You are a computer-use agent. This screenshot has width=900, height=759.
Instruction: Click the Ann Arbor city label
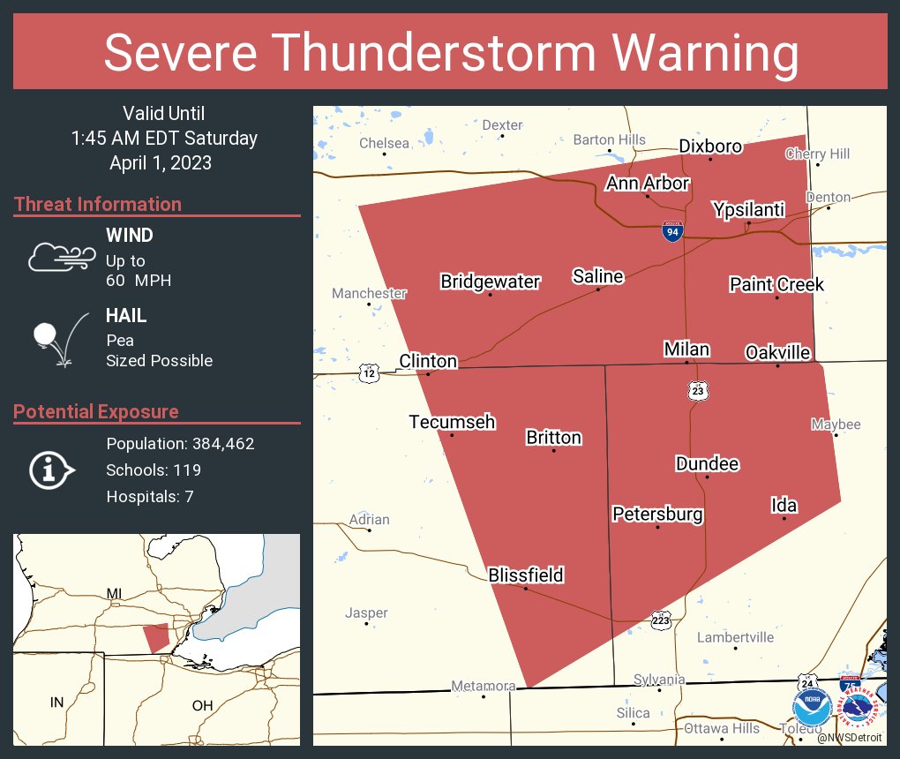coord(647,184)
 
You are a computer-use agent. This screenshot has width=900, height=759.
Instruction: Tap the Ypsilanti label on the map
coord(747,210)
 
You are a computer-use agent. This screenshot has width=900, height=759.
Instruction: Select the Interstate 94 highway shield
coord(672,232)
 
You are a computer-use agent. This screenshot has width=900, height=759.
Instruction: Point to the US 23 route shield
coord(697,389)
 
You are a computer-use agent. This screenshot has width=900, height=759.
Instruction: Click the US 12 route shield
coord(369,373)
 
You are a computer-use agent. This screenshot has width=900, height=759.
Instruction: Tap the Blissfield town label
coord(525,575)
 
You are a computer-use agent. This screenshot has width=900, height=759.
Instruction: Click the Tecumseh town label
coord(452,422)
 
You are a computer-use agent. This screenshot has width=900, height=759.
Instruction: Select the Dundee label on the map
coord(706,464)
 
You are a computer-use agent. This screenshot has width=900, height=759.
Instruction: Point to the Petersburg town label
coord(657,514)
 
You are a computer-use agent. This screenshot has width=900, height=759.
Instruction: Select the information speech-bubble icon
coord(51,470)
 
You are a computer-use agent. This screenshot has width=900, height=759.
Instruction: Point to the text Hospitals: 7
coord(149,497)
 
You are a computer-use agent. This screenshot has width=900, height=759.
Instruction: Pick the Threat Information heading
coord(98,204)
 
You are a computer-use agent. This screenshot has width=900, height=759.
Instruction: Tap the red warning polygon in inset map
coord(156,636)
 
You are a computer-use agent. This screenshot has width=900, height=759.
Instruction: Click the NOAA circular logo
coord(811,708)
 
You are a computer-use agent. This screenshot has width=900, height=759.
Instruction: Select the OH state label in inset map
coord(202,705)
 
